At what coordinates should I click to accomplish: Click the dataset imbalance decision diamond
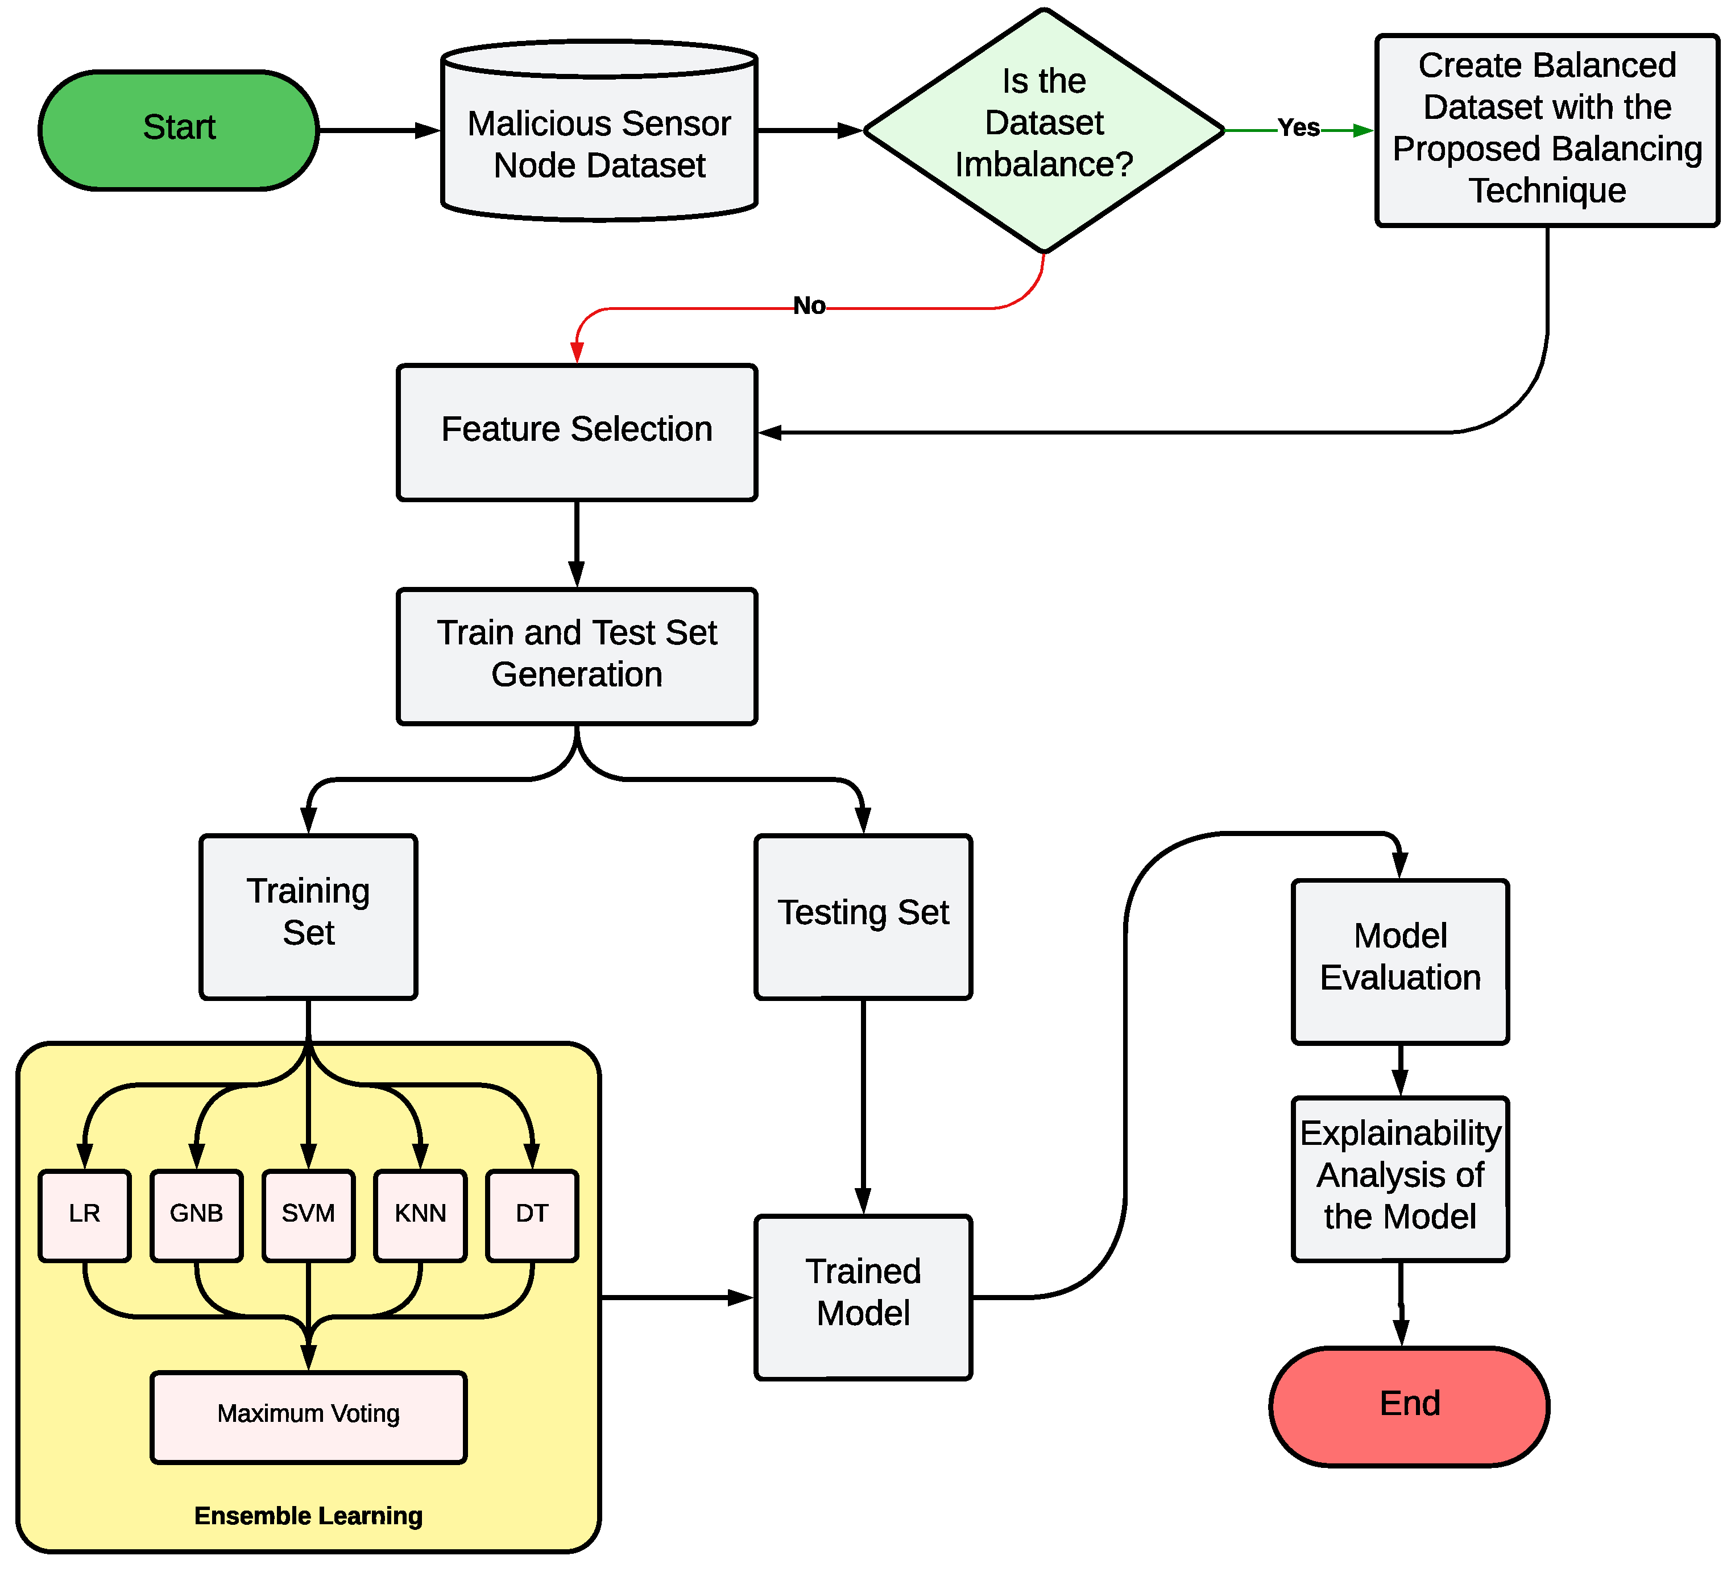click(1043, 129)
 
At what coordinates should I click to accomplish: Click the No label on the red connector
click(809, 305)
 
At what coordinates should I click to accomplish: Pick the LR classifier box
click(84, 1214)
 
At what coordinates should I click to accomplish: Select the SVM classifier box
click(308, 1214)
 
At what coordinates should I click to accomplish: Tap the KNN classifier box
click(420, 1214)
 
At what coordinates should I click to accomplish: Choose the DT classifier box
click(532, 1214)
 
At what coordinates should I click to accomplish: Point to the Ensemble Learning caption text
click(308, 1516)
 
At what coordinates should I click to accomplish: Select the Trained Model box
click(862, 1296)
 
